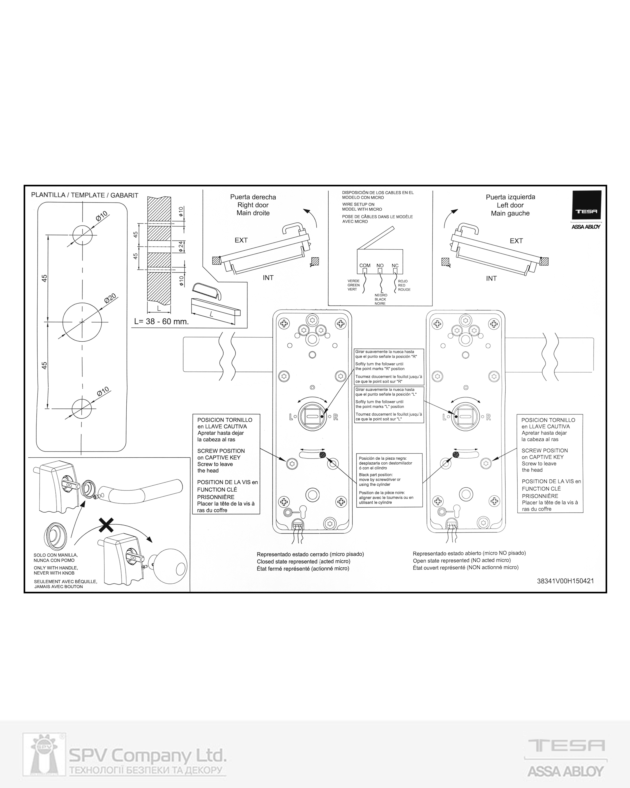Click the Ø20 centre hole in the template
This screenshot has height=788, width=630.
pyautogui.click(x=82, y=322)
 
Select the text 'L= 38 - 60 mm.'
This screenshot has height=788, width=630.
pyautogui.click(x=161, y=322)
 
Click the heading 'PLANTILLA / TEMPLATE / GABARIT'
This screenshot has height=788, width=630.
pyautogui.click(x=85, y=195)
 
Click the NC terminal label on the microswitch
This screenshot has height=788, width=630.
pyautogui.click(x=395, y=265)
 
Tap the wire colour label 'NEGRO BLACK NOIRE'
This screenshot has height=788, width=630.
pyautogui.click(x=381, y=299)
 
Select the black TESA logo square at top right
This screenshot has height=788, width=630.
pyautogui.click(x=586, y=205)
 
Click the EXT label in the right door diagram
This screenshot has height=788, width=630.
pyautogui.click(x=241, y=240)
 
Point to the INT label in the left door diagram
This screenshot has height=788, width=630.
pyautogui.click(x=491, y=279)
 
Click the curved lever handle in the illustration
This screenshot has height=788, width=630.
pyautogui.click(x=142, y=491)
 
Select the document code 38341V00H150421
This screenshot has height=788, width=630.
pyautogui.click(x=565, y=581)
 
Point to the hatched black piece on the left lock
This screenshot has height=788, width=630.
pyautogui.click(x=322, y=455)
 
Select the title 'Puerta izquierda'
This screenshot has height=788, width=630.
pyautogui.click(x=510, y=197)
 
